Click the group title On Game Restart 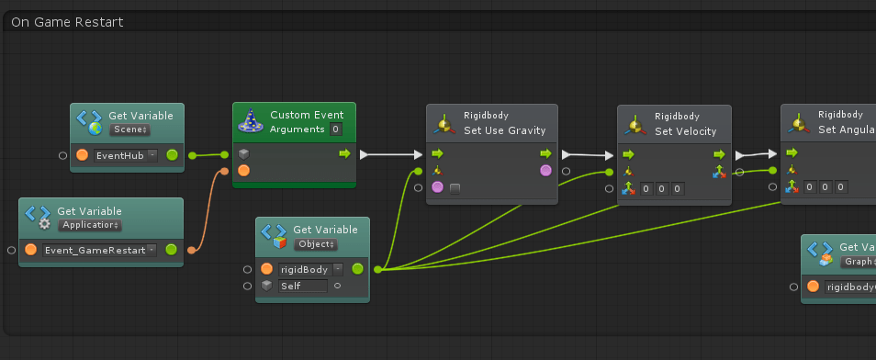click(67, 21)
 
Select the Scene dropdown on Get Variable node click(129, 130)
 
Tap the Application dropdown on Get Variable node click(90, 225)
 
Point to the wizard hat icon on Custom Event click(251, 120)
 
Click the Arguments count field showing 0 click(337, 129)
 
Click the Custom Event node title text click(307, 115)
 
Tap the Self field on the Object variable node click(303, 286)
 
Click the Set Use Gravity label click(504, 130)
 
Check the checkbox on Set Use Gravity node click(455, 188)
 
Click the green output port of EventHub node click(172, 155)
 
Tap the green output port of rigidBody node click(357, 269)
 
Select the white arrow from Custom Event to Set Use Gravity click(389, 154)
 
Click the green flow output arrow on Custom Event click(344, 153)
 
